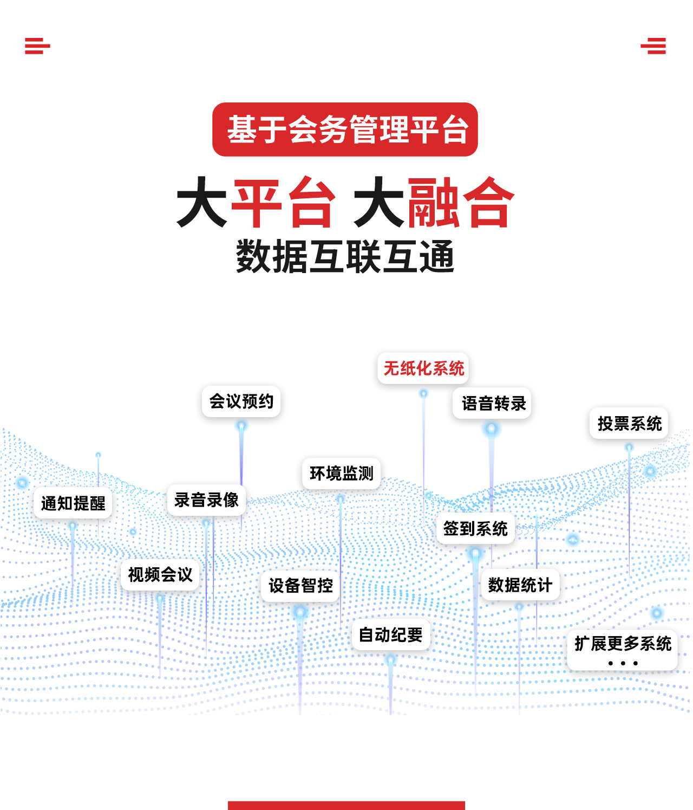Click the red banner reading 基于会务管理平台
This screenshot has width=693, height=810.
[x=344, y=129]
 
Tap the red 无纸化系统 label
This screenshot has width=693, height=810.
[x=423, y=368]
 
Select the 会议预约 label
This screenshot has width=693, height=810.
[x=241, y=401]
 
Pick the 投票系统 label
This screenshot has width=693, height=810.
[x=629, y=423]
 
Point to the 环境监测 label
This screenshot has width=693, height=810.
[x=342, y=474]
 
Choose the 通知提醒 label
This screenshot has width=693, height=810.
[x=73, y=503]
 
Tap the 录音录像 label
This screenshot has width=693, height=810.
[x=206, y=500]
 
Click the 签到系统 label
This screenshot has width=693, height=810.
[x=475, y=528]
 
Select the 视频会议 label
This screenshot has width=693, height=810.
[x=160, y=575]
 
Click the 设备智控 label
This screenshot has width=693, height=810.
[x=300, y=586]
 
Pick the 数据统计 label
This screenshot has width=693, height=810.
[x=520, y=585]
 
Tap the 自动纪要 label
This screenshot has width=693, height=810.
[x=391, y=634]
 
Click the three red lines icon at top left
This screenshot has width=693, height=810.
[x=37, y=46]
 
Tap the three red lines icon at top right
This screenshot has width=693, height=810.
[x=653, y=46]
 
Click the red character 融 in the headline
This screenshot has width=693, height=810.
[x=433, y=202]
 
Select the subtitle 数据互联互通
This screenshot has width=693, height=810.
[x=345, y=257]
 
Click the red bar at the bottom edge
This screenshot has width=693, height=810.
[x=346, y=805]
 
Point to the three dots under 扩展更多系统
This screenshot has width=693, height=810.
[x=623, y=663]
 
